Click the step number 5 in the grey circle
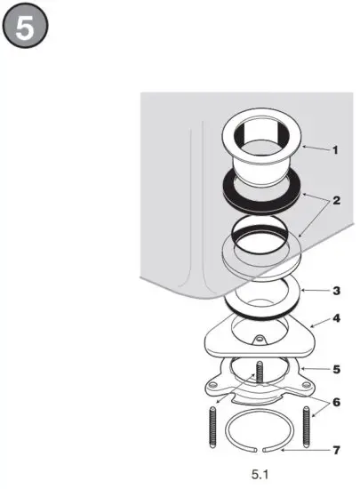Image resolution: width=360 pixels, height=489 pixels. [26, 27]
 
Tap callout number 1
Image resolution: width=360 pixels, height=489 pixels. [334, 150]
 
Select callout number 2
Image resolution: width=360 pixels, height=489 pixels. [336, 201]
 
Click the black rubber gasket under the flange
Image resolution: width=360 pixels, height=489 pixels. [262, 196]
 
